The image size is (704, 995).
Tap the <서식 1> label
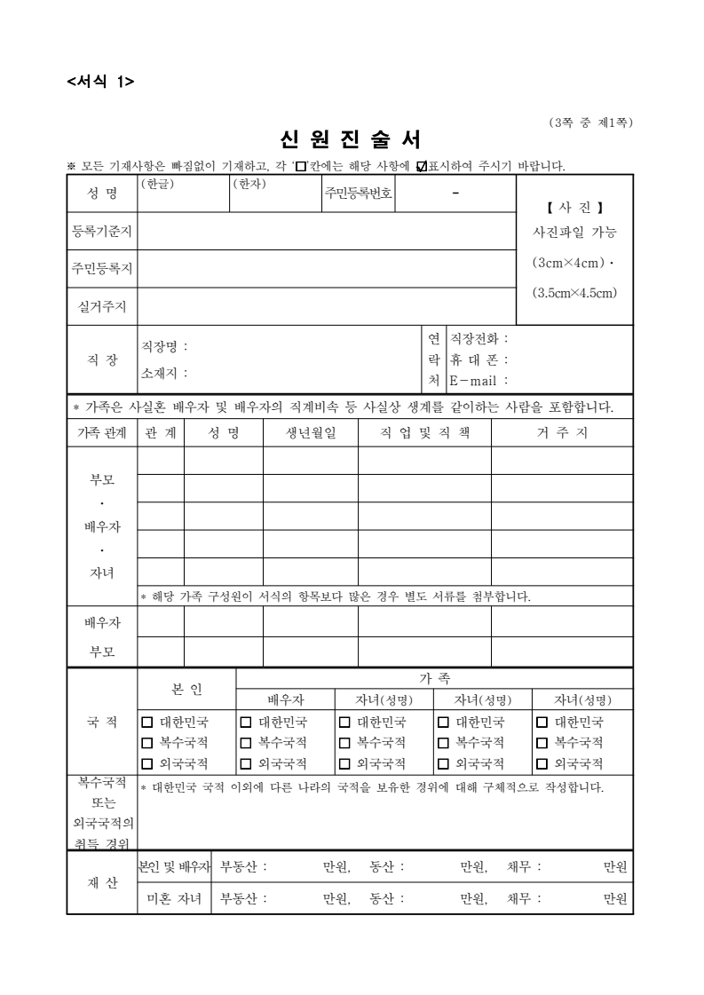tap(100, 82)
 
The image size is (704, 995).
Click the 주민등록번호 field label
tap(358, 193)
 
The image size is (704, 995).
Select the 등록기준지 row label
tap(101, 232)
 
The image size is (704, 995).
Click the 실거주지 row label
tap(101, 307)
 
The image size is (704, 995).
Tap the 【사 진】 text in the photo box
tap(574, 209)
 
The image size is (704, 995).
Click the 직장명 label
tap(164, 347)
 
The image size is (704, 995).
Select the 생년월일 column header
tap(310, 433)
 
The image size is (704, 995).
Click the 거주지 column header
tap(561, 433)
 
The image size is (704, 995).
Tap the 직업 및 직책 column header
tap(424, 433)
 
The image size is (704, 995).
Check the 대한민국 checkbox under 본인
tap(147, 722)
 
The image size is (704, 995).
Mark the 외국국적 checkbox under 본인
tap(147, 762)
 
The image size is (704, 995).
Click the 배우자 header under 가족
tap(286, 699)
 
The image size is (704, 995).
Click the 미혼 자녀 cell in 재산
tap(174, 898)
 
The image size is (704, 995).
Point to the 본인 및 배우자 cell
tap(174, 866)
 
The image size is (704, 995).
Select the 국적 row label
tap(101, 722)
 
